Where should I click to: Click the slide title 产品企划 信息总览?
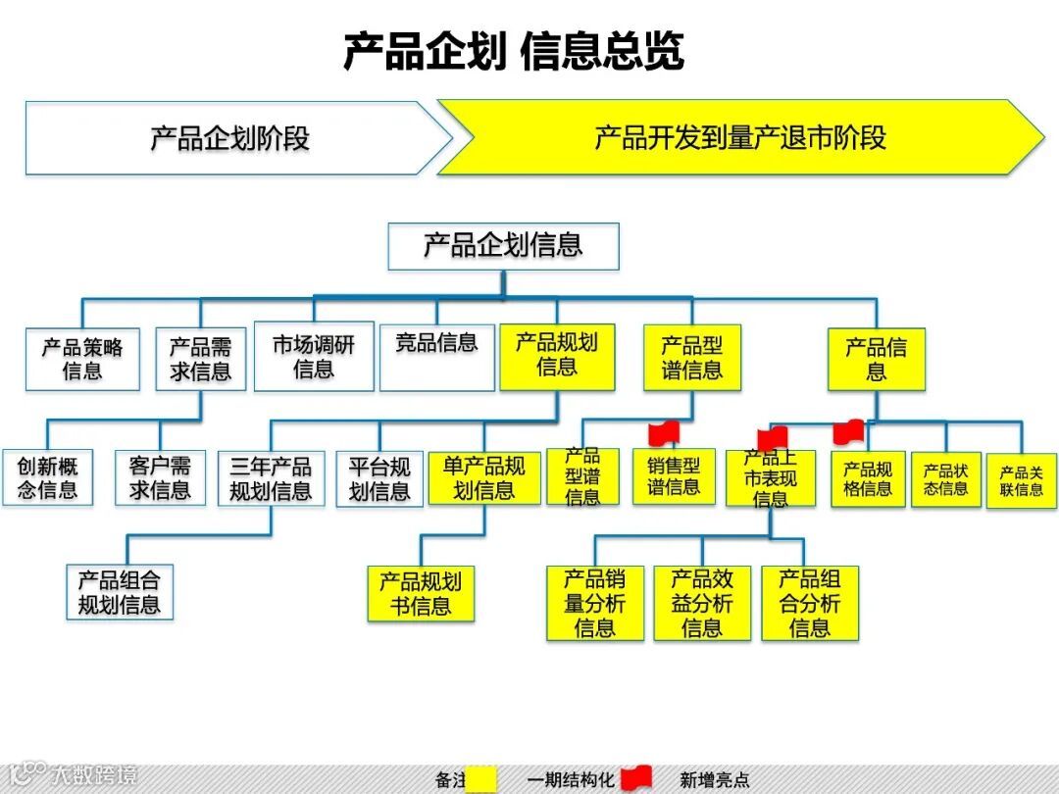click(x=513, y=51)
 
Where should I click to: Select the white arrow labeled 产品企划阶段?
click(x=230, y=138)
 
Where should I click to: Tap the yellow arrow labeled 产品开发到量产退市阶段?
click(x=740, y=138)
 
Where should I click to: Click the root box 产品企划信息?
click(x=503, y=246)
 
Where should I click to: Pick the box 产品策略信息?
click(x=82, y=359)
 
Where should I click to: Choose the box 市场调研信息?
click(x=314, y=357)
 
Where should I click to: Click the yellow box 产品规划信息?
click(x=557, y=355)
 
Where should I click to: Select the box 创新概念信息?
click(x=47, y=477)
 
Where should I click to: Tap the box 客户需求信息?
click(x=160, y=477)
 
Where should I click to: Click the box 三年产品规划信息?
click(x=271, y=478)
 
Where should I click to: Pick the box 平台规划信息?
click(x=379, y=478)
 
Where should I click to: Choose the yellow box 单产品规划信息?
click(x=484, y=477)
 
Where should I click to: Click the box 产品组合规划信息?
click(x=120, y=592)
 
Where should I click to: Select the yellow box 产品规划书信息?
click(x=421, y=594)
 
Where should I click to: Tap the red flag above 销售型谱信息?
click(x=666, y=432)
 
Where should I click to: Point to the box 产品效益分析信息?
click(x=702, y=603)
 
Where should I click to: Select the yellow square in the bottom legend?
click(x=481, y=780)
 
